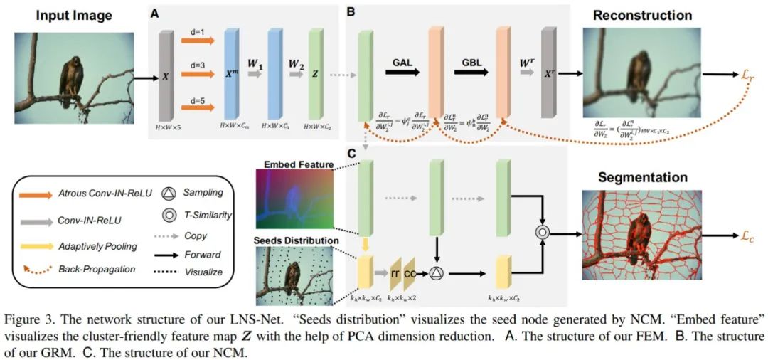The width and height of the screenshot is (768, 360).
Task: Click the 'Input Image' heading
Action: click(x=73, y=15)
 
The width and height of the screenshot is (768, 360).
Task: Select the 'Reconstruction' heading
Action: click(x=642, y=15)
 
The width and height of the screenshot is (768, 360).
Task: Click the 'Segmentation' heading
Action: click(x=642, y=177)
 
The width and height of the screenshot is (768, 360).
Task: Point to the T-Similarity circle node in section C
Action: click(x=543, y=231)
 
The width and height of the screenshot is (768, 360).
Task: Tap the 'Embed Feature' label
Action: click(x=298, y=165)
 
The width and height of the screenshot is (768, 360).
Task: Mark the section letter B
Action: click(x=351, y=11)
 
